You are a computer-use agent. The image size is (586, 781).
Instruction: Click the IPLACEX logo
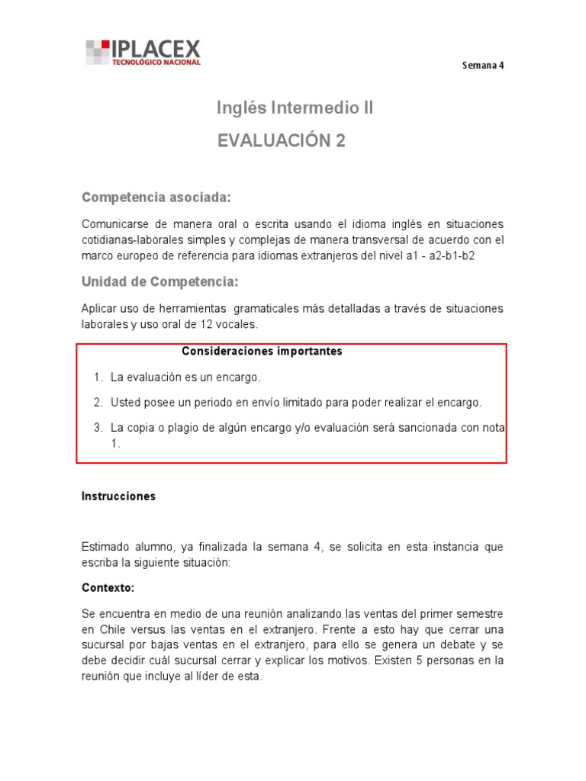tap(143, 52)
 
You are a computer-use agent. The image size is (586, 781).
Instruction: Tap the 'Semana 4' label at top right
tap(483, 65)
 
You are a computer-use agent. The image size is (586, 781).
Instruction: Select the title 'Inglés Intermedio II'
tap(295, 108)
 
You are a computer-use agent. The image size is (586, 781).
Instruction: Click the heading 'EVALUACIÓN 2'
tap(282, 141)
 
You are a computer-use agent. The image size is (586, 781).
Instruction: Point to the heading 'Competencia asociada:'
tap(156, 198)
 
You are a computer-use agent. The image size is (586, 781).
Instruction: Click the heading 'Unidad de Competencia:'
tap(159, 282)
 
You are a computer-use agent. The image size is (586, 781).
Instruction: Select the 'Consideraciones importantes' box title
tap(262, 352)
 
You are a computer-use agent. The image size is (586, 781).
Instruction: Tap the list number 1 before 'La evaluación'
tap(98, 377)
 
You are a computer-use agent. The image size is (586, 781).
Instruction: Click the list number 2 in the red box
tap(98, 402)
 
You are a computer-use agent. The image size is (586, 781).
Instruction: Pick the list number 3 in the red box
tap(98, 428)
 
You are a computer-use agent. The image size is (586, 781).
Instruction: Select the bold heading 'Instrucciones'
tap(118, 496)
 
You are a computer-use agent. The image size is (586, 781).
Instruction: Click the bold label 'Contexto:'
tap(108, 588)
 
